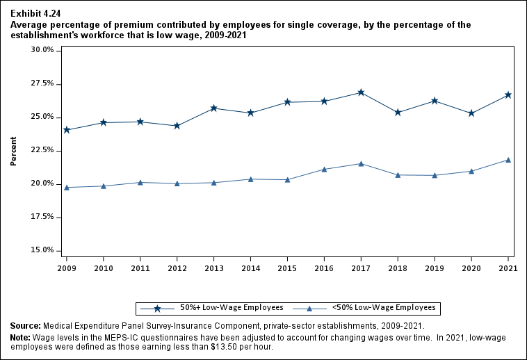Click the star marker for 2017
[361, 92]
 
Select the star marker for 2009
[67, 130]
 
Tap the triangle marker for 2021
[508, 160]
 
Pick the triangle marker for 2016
[324, 169]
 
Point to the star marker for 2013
[214, 108]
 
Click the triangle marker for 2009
[67, 188]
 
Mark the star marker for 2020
[471, 113]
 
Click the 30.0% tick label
[43, 50]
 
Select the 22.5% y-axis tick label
[43, 150]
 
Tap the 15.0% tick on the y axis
[43, 250]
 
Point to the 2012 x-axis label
[177, 268]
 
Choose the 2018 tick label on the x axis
[398, 268]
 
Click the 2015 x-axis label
[287, 268]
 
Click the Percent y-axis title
[13, 150]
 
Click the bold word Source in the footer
[25, 326]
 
